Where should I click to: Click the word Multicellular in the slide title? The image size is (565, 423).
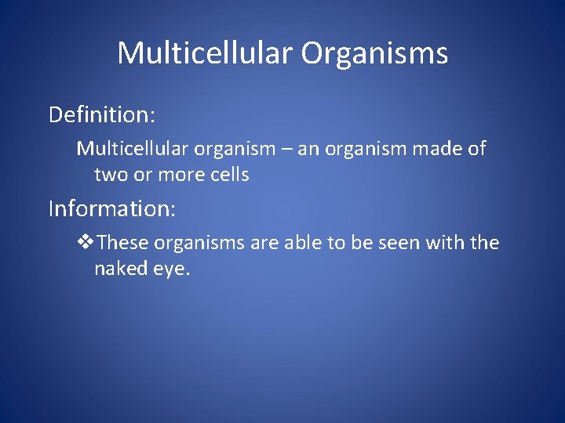205,53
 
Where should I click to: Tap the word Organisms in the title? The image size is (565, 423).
374,53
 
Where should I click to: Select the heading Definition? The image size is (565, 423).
102,115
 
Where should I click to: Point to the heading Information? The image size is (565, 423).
112,209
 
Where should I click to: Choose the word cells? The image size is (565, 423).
229,175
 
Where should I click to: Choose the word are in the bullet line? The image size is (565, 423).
264,243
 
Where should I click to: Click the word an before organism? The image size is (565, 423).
307,149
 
